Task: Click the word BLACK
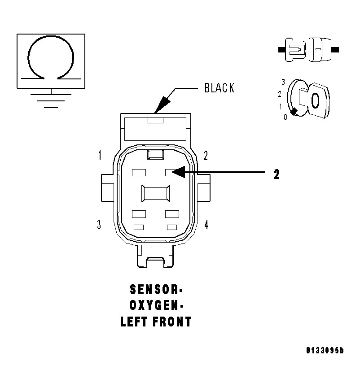pos(220,88)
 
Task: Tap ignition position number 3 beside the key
pos(283,82)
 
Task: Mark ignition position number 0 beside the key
pos(285,117)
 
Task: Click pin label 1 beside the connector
pos(100,156)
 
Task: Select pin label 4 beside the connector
pos(206,225)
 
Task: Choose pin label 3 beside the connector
pos(99,225)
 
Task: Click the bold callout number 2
pos(277,174)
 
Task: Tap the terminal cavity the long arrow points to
pos(172,172)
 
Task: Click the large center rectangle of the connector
pos(156,194)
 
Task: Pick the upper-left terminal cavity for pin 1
pos(139,172)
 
